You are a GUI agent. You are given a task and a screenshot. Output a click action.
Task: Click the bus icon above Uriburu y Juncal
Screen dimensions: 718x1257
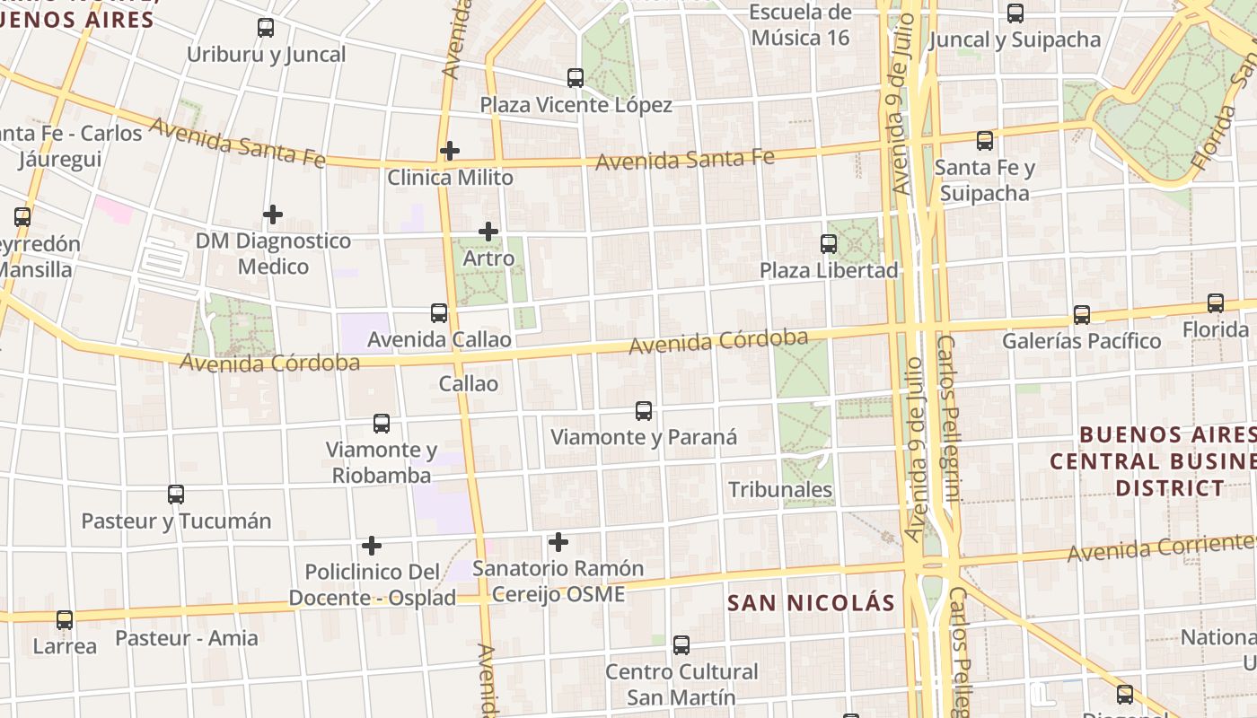click(x=266, y=28)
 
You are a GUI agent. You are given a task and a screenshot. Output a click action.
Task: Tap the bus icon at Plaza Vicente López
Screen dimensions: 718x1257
click(x=576, y=78)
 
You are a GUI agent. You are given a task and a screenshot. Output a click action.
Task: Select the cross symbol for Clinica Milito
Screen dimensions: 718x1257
click(x=450, y=151)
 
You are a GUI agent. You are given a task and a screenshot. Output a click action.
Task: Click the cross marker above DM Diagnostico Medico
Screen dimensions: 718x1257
click(x=273, y=215)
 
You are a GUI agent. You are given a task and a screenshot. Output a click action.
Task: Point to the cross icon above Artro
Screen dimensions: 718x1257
click(x=488, y=232)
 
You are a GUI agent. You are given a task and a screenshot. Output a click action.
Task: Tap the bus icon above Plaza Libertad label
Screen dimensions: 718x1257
click(x=829, y=244)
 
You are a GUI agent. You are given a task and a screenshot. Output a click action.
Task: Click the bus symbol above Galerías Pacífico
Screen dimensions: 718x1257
click(x=1082, y=315)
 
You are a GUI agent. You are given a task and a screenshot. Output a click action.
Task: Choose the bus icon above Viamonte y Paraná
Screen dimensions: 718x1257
click(x=644, y=411)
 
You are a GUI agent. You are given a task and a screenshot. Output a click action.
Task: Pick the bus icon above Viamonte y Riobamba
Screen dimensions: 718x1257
click(x=382, y=424)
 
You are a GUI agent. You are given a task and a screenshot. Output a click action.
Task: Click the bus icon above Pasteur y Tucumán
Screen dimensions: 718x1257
click(x=176, y=495)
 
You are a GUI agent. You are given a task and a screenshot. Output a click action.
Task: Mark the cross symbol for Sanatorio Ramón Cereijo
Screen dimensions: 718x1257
click(x=558, y=542)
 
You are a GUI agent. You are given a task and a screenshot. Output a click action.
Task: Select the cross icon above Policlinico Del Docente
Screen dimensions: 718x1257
click(x=372, y=546)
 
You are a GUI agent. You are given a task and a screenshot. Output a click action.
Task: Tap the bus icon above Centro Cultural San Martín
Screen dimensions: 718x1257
click(x=681, y=645)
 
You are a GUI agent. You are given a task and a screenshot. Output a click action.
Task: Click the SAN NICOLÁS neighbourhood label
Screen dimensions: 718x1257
click(x=811, y=603)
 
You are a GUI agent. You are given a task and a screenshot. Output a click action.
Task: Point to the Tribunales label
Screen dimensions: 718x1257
click(x=780, y=490)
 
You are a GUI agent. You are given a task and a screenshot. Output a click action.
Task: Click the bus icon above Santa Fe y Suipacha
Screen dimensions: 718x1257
click(x=985, y=141)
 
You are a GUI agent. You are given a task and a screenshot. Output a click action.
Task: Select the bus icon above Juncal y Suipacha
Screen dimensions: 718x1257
click(x=1015, y=13)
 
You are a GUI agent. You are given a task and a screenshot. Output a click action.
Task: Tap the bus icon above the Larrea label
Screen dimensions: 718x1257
click(x=65, y=620)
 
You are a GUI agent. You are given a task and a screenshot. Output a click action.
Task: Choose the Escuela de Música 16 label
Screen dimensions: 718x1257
click(x=800, y=25)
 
